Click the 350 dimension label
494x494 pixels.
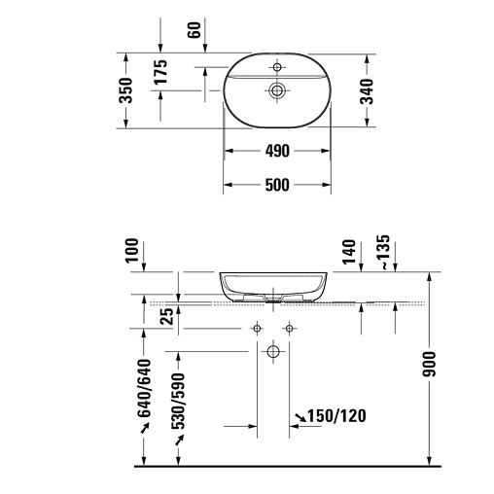pos(126,90)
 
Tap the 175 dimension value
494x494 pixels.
pos(160,72)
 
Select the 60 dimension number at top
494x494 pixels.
pos(194,30)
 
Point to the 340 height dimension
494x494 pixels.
pos(367,91)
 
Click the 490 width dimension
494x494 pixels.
pos(277,151)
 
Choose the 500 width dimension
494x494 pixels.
pos(277,186)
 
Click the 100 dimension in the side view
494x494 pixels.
pos(132,250)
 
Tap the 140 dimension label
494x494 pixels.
pos(349,252)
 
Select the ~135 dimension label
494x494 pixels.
pos(384,252)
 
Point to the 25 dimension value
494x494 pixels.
pos(167,316)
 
